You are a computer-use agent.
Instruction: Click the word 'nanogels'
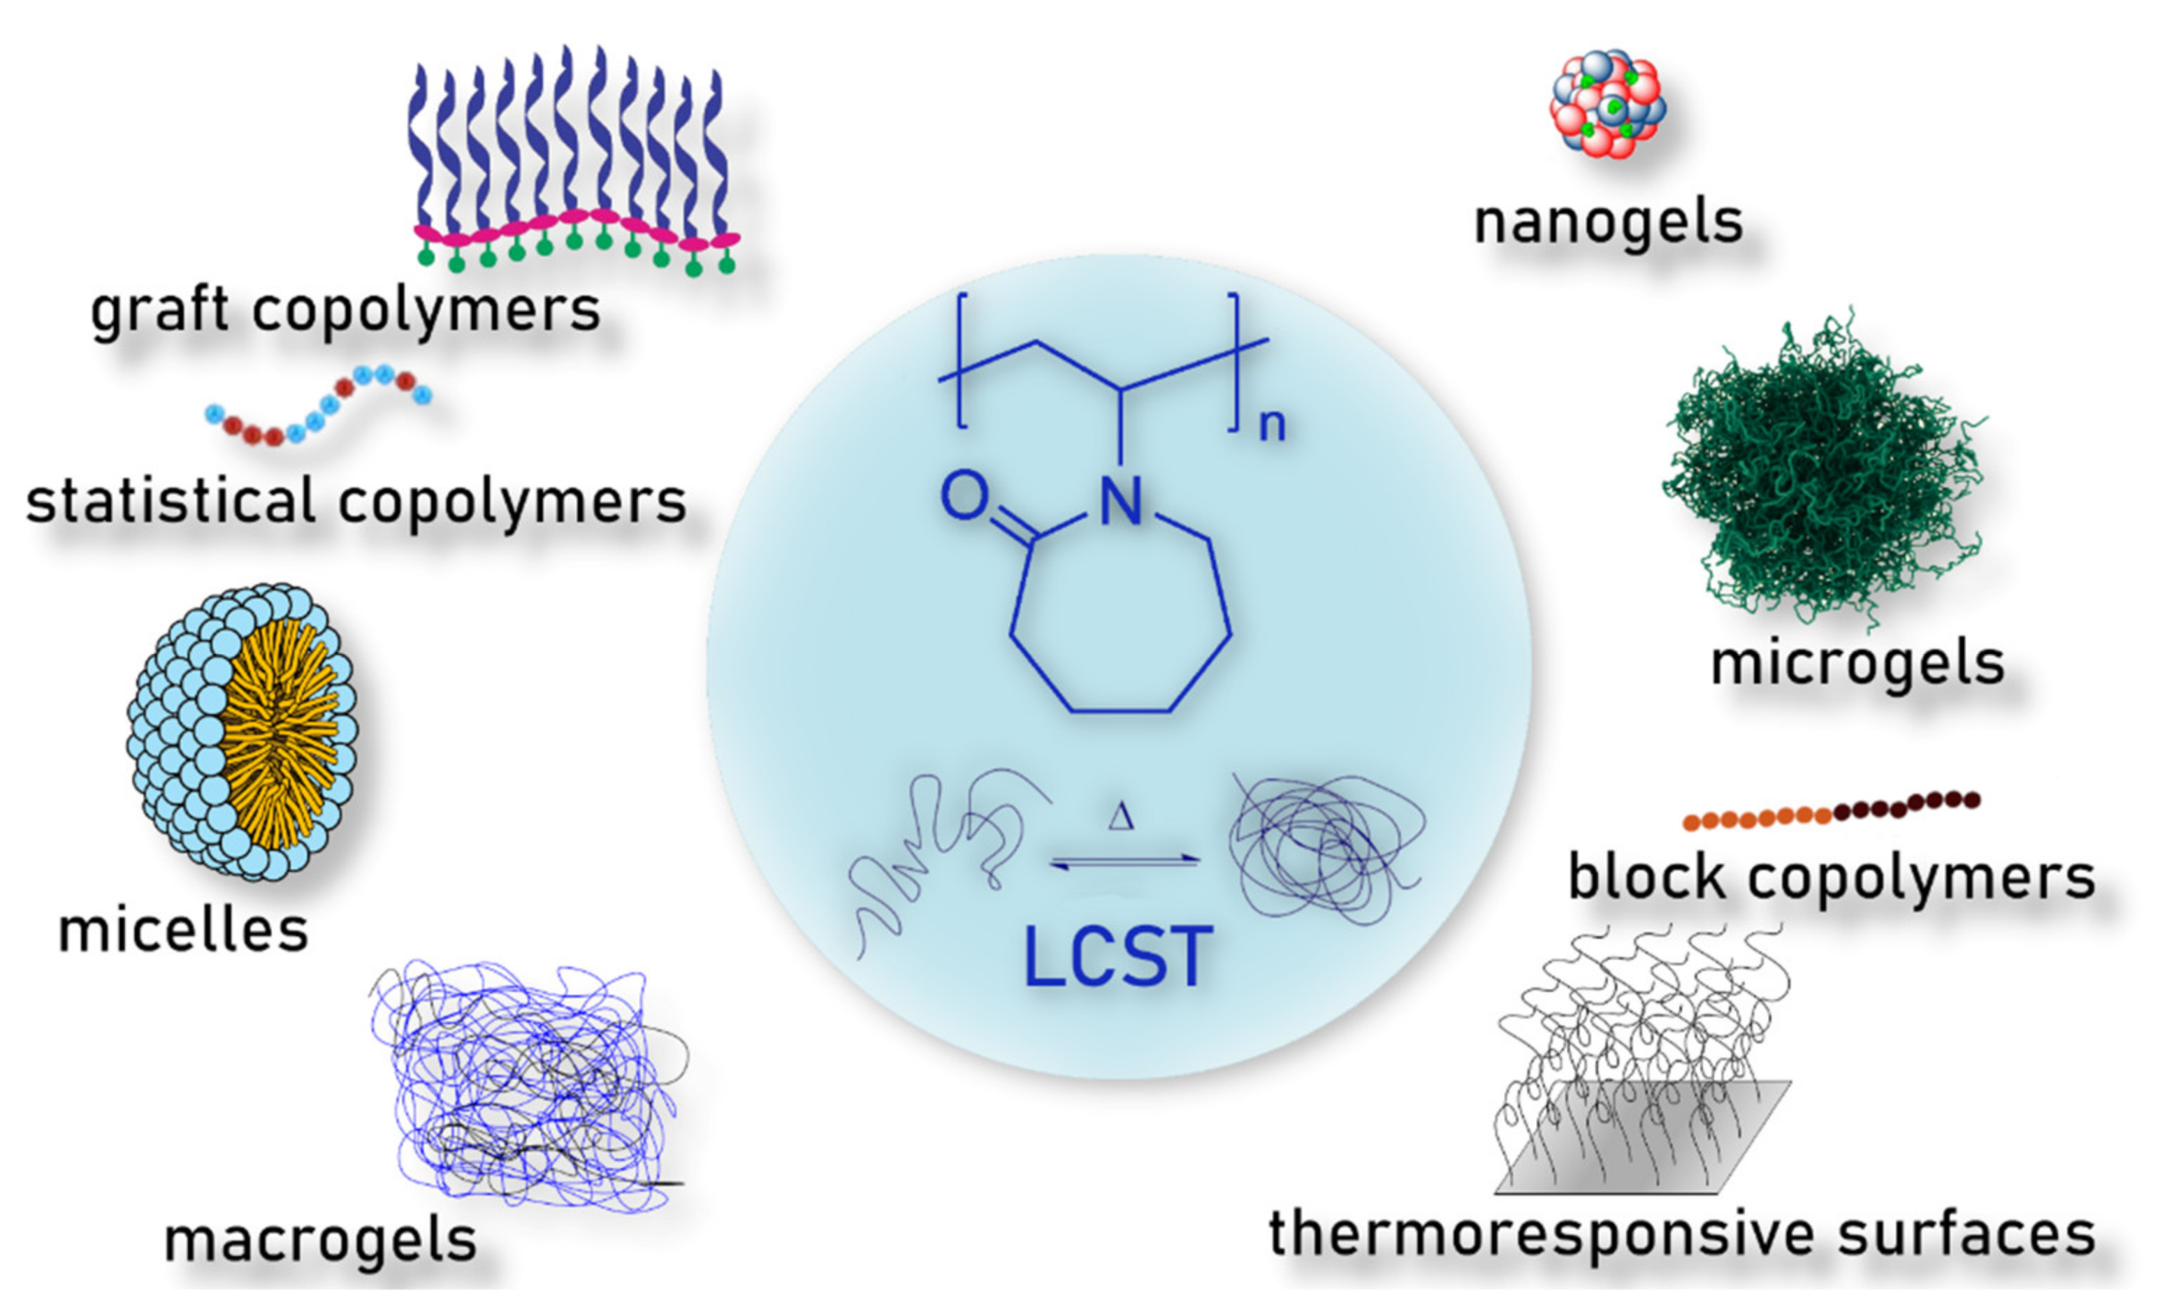pyautogui.click(x=1608, y=224)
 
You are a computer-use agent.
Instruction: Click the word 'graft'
pyautogui.click(x=161, y=311)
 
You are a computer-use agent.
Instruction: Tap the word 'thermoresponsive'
pyautogui.click(x=1542, y=1234)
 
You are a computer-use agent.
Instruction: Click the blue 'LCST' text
pyautogui.click(x=1117, y=958)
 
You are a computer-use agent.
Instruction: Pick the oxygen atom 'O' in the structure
pyautogui.click(x=964, y=496)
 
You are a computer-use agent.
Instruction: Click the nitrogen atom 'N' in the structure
pyautogui.click(x=1120, y=502)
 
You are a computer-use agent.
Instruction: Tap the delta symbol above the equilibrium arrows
pyautogui.click(x=1120, y=818)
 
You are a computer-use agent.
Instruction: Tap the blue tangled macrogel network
pyautogui.click(x=526, y=1087)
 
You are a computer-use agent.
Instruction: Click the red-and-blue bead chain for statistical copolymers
pyautogui.click(x=318, y=407)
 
